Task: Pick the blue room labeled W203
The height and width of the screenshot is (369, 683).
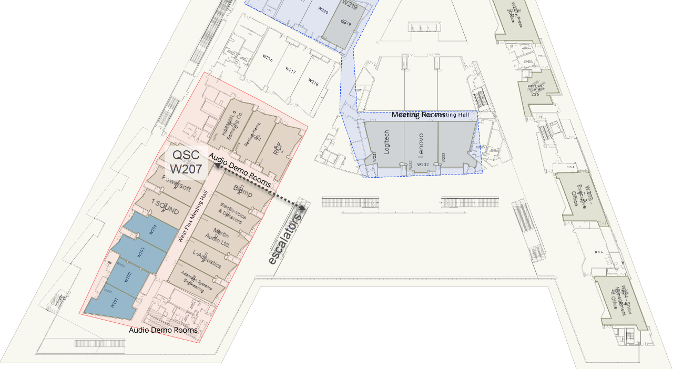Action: [141, 252]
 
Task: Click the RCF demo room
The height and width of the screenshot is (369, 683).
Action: [279, 149]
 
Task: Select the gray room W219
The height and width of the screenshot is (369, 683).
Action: [344, 24]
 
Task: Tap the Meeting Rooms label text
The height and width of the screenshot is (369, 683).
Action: [419, 115]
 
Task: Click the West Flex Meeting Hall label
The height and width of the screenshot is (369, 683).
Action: [193, 216]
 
